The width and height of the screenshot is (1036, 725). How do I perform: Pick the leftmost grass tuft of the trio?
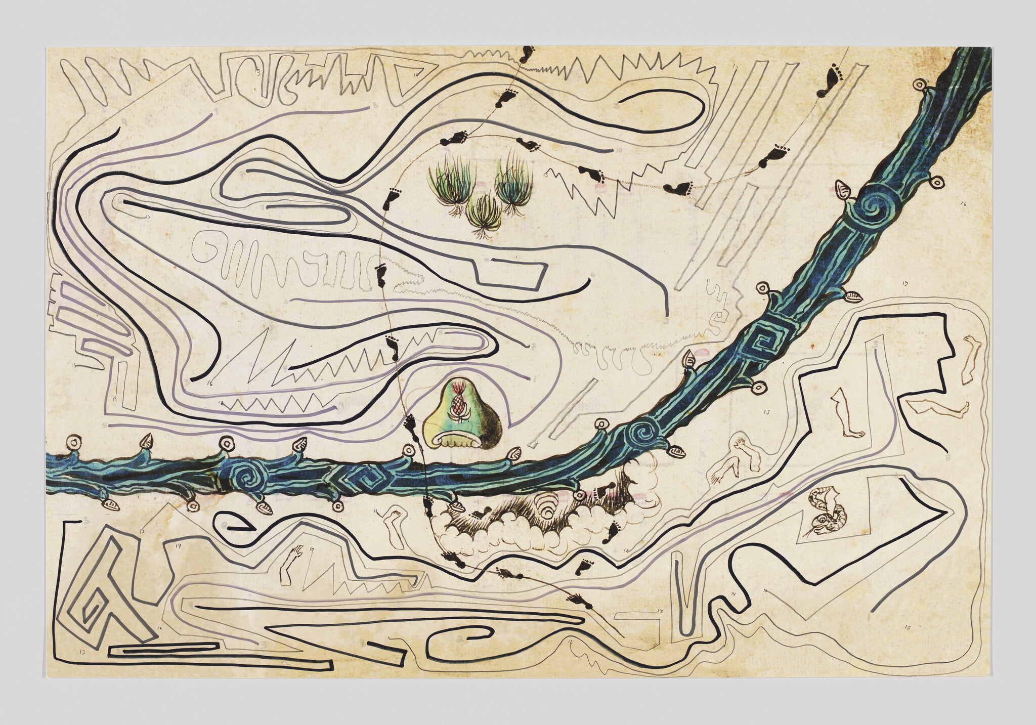point(446,185)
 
